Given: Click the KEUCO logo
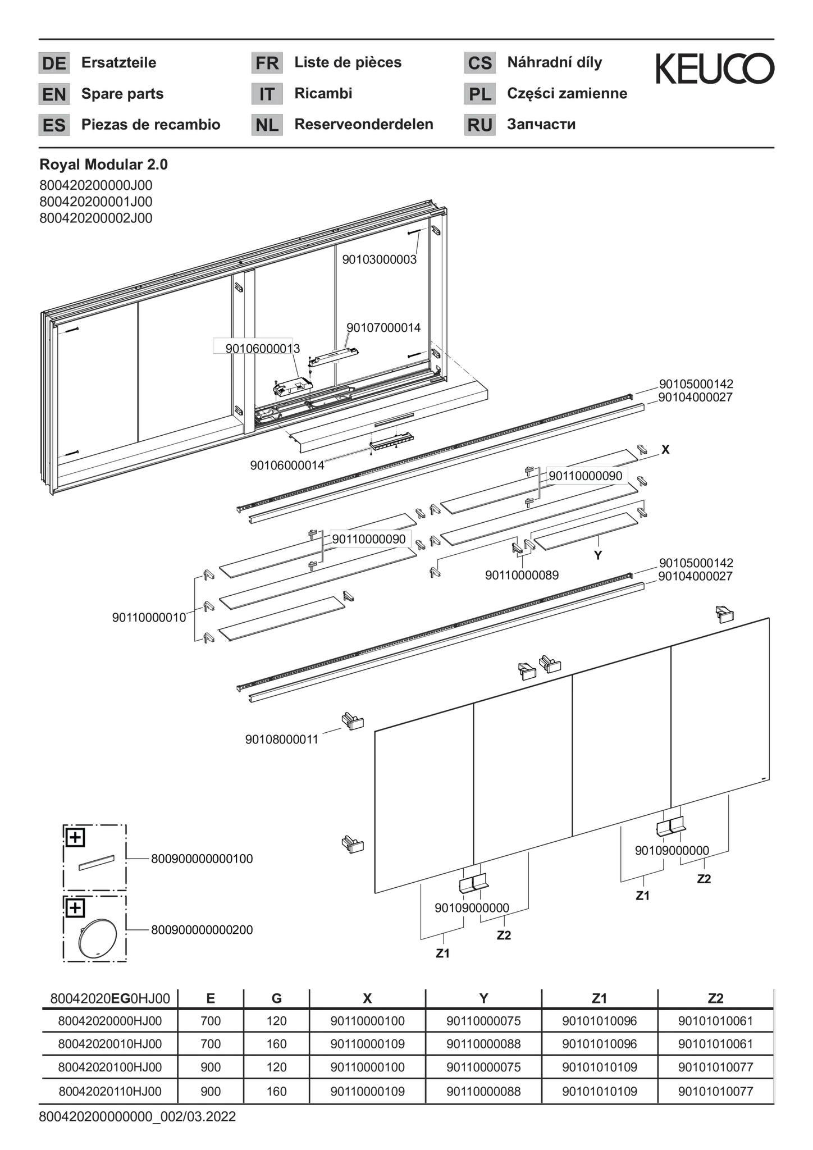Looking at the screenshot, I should point(715,69).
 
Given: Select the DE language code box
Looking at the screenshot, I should point(54,63).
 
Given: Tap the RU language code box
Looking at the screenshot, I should point(480,125).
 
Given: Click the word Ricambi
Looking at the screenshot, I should point(323,93).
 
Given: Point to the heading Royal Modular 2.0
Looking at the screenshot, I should point(103,165).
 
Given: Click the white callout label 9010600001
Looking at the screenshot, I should point(253,348).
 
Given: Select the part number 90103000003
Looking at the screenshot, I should point(380,259).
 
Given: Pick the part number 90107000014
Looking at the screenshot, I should point(384,327).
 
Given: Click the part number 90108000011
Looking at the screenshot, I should point(282,740).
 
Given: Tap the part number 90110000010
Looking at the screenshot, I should point(149,618).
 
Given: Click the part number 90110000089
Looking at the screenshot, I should point(522,575).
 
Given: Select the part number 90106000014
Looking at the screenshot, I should point(287,466).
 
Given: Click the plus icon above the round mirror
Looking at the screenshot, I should point(75,908).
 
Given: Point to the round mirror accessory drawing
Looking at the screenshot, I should point(98,938).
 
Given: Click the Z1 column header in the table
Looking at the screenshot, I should point(599,998).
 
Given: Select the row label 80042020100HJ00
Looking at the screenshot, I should point(110,1067).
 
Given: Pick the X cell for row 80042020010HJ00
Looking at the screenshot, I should point(367,1044).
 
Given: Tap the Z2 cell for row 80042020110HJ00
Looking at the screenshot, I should point(715,1092).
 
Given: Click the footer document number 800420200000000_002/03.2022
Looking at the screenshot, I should point(138,1117).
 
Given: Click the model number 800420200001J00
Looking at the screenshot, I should point(96,202).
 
